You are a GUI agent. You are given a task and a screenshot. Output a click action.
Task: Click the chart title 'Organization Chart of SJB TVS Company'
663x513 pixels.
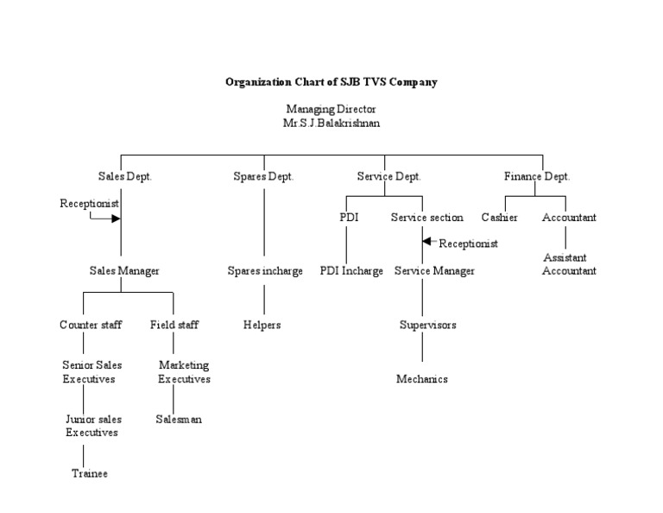point(331,83)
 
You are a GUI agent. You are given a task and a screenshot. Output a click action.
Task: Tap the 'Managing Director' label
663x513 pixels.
point(331,109)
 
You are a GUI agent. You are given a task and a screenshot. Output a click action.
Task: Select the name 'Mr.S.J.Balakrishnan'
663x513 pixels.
point(331,123)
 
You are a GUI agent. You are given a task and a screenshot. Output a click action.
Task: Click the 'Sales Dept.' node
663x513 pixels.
point(124,176)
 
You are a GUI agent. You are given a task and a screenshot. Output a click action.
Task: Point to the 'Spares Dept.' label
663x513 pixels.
point(263,176)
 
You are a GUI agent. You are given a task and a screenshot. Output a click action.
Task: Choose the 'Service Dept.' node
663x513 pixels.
point(388,176)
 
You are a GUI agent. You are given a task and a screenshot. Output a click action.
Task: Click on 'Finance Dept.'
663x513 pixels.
point(537,176)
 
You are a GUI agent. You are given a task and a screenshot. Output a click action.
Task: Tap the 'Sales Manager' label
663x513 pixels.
point(124,271)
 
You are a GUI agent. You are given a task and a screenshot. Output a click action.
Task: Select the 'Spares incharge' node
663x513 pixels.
point(265,271)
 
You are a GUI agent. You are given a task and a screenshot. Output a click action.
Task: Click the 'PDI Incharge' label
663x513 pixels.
point(351,271)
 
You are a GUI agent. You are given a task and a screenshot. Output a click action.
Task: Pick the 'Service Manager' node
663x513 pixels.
point(434,271)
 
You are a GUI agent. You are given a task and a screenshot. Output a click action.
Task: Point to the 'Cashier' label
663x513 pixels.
point(499,218)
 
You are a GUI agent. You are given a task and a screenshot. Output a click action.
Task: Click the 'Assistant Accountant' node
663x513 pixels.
point(569,264)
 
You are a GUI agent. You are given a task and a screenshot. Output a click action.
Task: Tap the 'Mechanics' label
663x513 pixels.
point(422,379)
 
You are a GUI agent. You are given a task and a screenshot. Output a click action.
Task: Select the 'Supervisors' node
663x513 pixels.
point(427,325)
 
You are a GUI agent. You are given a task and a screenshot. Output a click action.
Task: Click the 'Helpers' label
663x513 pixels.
point(262,325)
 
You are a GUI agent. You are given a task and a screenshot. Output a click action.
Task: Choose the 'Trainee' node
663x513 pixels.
point(90,474)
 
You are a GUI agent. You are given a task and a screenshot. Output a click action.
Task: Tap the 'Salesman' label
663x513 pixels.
point(179,419)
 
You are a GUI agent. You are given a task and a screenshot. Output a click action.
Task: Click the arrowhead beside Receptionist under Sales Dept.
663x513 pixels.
point(116,218)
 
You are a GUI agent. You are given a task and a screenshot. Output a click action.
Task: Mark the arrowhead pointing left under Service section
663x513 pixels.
point(427,243)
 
